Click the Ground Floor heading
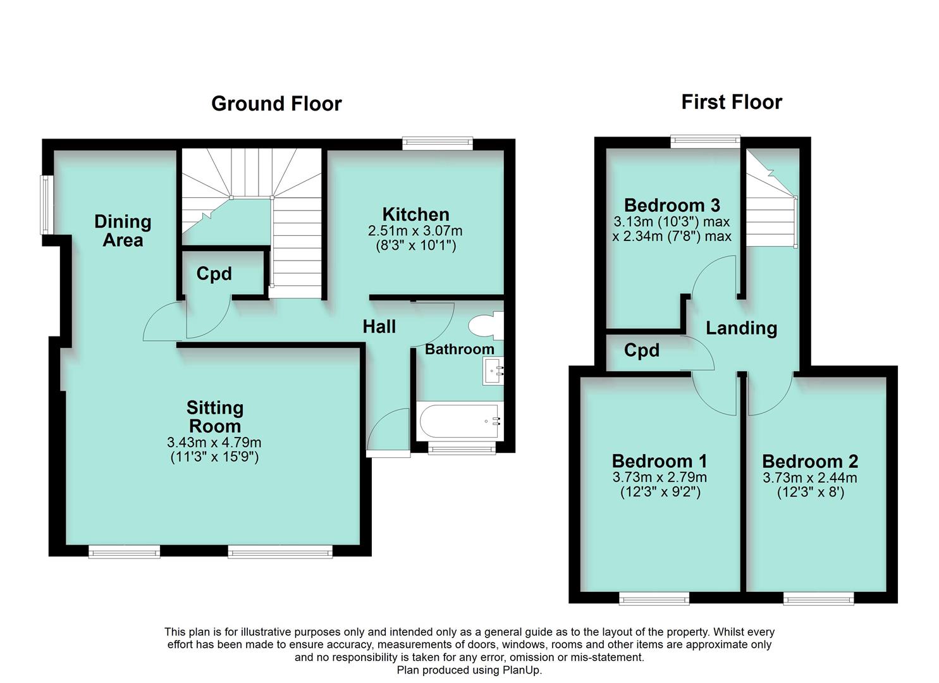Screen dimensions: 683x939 pos(276,104)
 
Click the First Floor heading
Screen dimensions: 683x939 pos(731,102)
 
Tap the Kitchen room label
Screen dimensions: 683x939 pos(415,214)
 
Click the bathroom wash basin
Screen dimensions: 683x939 pos(493,371)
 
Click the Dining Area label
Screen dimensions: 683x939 pos(123,231)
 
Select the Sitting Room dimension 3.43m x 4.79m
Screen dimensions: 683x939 pos(214,443)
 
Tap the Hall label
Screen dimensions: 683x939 pos(379,326)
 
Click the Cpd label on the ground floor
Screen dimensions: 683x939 pos(214,274)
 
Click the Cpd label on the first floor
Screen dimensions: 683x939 pos(641,350)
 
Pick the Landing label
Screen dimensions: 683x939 pos(741,328)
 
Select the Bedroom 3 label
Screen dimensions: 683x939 pos(672,205)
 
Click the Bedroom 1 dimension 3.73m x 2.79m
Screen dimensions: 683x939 pos(660,477)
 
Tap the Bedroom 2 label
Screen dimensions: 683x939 pos(810,461)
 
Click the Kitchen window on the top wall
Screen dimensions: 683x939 pos(438,143)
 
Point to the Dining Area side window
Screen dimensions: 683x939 pos(46,204)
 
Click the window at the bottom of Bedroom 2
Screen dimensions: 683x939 pos(818,598)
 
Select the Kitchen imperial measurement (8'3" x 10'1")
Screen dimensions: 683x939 pos(415,245)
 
